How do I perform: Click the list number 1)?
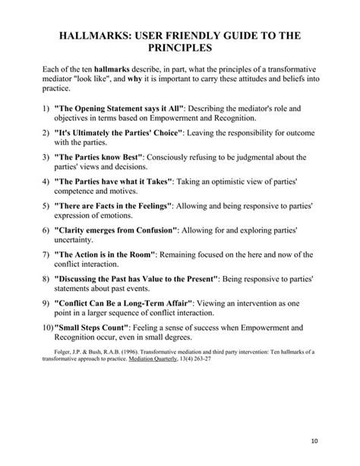click(x=46, y=109)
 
